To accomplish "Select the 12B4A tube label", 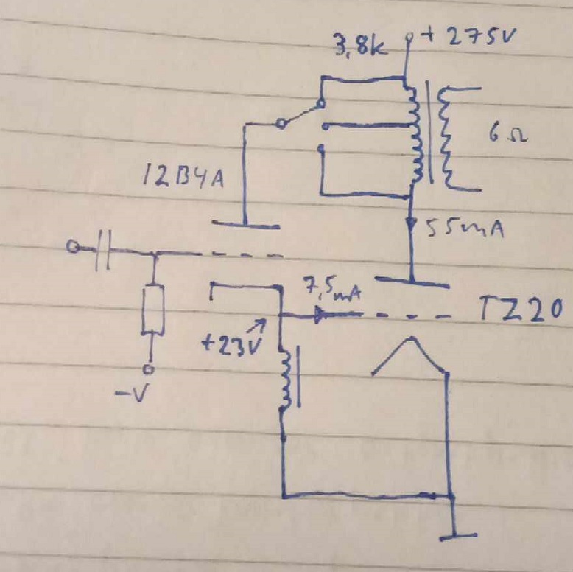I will pos(184,179).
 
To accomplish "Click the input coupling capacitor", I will pos(104,251).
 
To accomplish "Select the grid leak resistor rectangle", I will pos(152,309).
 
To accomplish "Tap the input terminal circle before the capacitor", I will pos(72,248).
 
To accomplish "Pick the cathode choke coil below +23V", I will pos(286,379).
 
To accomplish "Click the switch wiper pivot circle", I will pos(280,125).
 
